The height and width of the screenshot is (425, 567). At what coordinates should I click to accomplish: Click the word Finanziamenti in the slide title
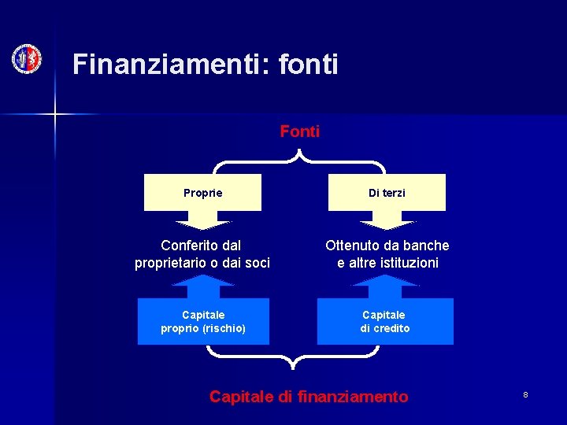[x=169, y=65]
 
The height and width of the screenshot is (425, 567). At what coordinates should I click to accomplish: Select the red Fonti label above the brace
[x=300, y=131]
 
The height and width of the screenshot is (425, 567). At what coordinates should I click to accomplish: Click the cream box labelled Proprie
[x=202, y=193]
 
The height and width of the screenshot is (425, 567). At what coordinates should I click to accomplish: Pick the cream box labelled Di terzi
[x=387, y=193]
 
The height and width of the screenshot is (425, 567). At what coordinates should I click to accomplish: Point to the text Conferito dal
[x=201, y=246]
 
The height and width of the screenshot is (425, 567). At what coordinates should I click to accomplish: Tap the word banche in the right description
[x=426, y=246]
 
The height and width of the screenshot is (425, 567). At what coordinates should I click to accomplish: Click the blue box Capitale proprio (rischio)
[x=203, y=321]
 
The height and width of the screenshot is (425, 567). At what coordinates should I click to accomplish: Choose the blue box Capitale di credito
[x=385, y=321]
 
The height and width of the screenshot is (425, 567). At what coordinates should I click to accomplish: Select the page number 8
[x=525, y=394]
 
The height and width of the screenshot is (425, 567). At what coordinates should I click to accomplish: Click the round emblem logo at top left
[x=27, y=59]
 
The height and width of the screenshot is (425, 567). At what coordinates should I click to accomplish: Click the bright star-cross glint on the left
[x=55, y=114]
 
